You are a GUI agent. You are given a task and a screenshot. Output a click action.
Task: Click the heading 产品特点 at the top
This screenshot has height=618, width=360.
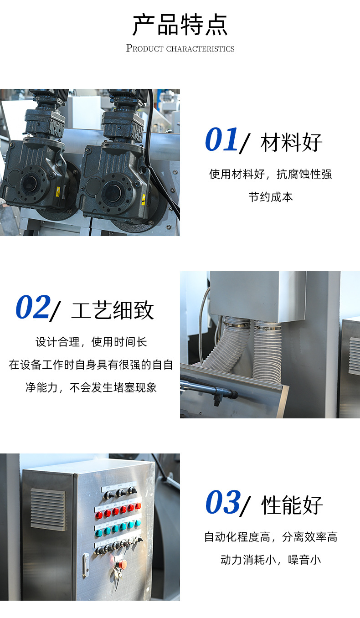point(180,25)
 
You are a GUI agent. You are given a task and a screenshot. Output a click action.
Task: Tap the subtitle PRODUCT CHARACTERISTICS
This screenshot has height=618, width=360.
point(180,48)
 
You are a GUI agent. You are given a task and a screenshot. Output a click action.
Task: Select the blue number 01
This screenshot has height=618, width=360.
point(221,140)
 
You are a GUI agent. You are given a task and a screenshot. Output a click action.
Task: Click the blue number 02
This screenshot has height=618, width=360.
point(32,308)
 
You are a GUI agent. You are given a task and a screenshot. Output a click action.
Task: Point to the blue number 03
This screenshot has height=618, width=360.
point(222,502)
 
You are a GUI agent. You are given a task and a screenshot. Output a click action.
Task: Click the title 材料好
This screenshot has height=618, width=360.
point(291,143)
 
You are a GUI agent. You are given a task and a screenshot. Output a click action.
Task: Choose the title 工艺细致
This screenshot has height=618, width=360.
point(113,310)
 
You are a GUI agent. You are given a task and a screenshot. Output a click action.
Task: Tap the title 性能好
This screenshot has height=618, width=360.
point(292,505)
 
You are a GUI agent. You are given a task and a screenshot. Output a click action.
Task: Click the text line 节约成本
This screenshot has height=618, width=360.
point(271,197)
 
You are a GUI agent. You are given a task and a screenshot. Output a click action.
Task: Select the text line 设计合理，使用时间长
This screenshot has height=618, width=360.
point(91,342)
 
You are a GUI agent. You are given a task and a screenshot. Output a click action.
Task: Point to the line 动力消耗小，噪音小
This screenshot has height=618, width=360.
point(271,560)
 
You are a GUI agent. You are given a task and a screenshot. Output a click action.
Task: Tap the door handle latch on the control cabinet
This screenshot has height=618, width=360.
point(85,565)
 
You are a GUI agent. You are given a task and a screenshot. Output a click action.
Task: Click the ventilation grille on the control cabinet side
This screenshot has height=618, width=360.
point(48,509)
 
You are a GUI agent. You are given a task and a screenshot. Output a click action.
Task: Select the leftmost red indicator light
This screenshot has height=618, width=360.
point(99,515)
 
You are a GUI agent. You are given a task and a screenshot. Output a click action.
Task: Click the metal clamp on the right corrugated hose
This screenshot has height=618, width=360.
point(267,326)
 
